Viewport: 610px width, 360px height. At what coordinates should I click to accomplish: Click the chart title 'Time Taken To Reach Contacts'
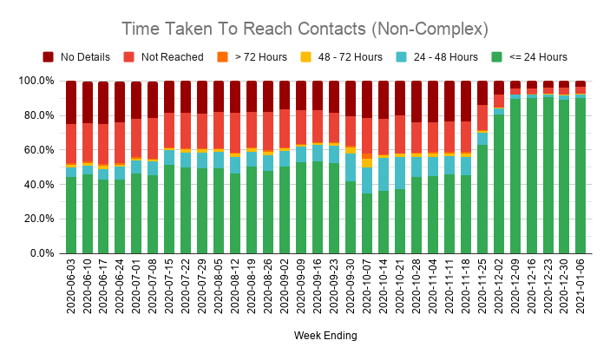tap(305, 29)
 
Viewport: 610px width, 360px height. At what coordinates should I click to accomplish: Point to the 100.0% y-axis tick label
tap(38, 81)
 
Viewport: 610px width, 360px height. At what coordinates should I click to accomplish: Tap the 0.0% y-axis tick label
tap(43, 253)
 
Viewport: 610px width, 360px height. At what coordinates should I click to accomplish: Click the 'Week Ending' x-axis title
tap(326, 335)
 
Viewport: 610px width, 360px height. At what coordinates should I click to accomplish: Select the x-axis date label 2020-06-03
tap(71, 289)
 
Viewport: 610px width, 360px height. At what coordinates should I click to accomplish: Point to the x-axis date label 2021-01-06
tap(580, 289)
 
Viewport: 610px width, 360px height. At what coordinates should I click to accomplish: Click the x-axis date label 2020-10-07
tap(367, 289)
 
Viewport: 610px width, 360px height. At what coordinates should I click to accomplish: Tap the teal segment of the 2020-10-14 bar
tap(384, 173)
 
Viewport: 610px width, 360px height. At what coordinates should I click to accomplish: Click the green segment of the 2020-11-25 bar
tap(482, 199)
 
